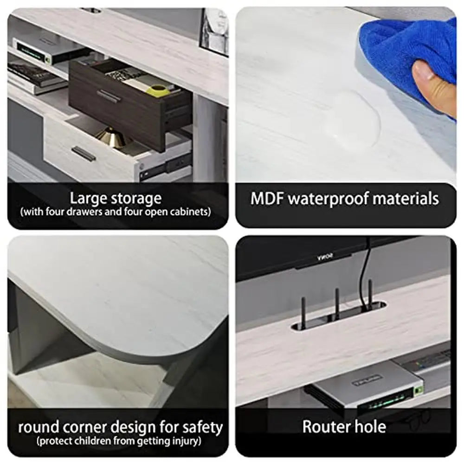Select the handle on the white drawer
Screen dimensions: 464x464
(84, 154)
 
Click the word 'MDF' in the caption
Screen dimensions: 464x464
(267, 199)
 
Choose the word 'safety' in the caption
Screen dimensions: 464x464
(202, 428)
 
